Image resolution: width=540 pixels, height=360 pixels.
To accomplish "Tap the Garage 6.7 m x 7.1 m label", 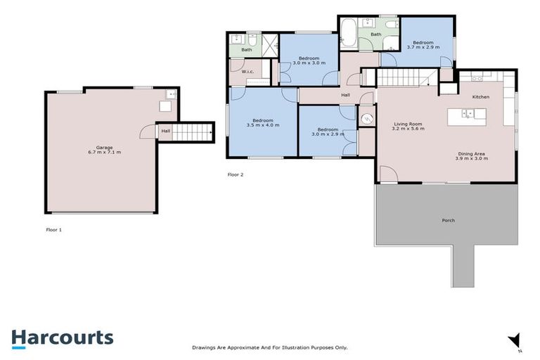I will pos(99,150).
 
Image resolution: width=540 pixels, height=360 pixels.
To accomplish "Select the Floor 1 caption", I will pos(53,229).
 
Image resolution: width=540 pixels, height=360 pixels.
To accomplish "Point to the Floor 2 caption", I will pos(236,174).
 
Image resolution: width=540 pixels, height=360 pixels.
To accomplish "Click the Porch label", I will pos(448,220).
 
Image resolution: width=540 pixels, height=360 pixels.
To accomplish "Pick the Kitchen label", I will pos(480,96).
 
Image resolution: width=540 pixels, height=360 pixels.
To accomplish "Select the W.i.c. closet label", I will pos(247,71).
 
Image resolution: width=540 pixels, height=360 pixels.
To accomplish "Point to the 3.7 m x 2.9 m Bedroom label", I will pos(423,44).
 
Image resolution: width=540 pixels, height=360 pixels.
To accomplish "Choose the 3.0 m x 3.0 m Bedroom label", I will pos(309,60).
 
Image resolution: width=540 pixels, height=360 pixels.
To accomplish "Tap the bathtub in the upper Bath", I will pos(349,34).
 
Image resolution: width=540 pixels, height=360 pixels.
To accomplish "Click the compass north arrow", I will pos(515,340).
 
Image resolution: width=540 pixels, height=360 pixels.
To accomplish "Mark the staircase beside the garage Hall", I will pos(193,131).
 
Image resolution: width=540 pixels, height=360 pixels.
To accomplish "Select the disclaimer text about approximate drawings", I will pos(270,347).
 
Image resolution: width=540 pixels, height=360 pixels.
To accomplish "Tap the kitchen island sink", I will pos(466,112).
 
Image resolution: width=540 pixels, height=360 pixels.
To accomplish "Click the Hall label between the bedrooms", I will pos(345,95).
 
